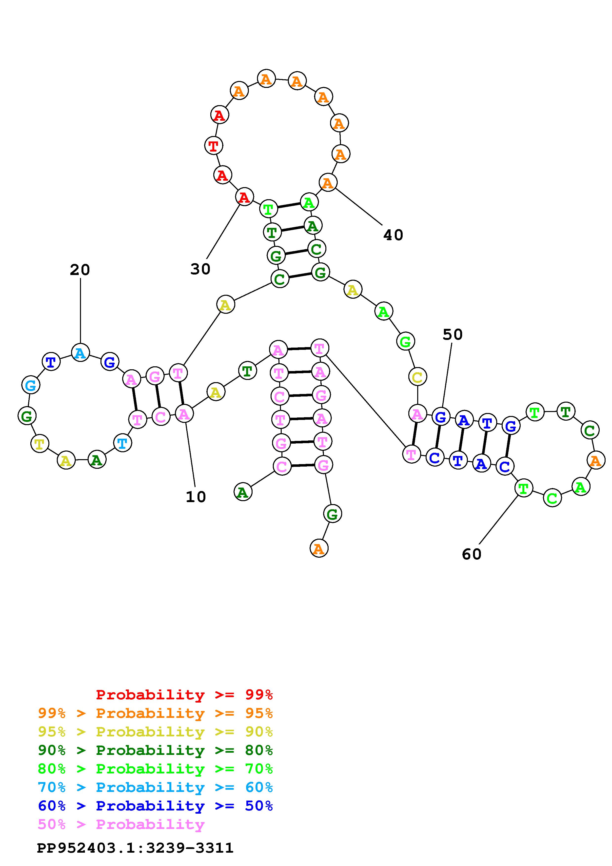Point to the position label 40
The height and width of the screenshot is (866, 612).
click(x=393, y=235)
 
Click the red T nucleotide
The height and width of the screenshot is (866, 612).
click(x=214, y=146)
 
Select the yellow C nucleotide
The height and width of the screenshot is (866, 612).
click(x=417, y=377)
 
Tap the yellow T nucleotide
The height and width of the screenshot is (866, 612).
click(x=39, y=444)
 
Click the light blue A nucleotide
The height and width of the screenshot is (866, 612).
click(x=80, y=353)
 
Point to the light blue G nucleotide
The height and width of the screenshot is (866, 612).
click(x=31, y=385)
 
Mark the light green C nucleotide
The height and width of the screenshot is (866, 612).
click(x=552, y=498)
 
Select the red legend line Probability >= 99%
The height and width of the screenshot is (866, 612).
click(x=184, y=694)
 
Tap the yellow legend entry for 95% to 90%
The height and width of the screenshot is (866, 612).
click(x=155, y=732)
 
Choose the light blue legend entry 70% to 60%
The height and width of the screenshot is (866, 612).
click(x=155, y=787)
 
